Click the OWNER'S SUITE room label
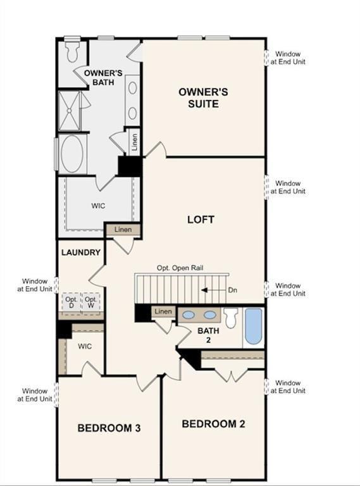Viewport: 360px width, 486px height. coord(202,97)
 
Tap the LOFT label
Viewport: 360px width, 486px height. coord(201,220)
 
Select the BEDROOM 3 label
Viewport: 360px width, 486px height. coord(109,428)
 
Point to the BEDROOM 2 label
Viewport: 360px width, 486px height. coord(213,424)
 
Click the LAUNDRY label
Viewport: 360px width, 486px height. coord(81,252)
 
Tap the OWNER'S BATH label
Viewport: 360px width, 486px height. coord(102,78)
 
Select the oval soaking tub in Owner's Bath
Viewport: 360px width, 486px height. coord(73,154)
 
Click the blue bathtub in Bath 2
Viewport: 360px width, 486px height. coord(253,326)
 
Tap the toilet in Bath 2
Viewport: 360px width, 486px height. coord(231,317)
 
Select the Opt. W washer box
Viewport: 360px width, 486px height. coord(91,302)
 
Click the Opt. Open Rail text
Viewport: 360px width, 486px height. coord(180,268)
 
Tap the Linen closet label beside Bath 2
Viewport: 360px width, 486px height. coord(163,311)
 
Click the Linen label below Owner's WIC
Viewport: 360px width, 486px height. coord(123,229)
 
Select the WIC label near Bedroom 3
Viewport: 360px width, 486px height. coord(85,347)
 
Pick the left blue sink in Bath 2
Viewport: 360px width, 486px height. coord(188,314)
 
